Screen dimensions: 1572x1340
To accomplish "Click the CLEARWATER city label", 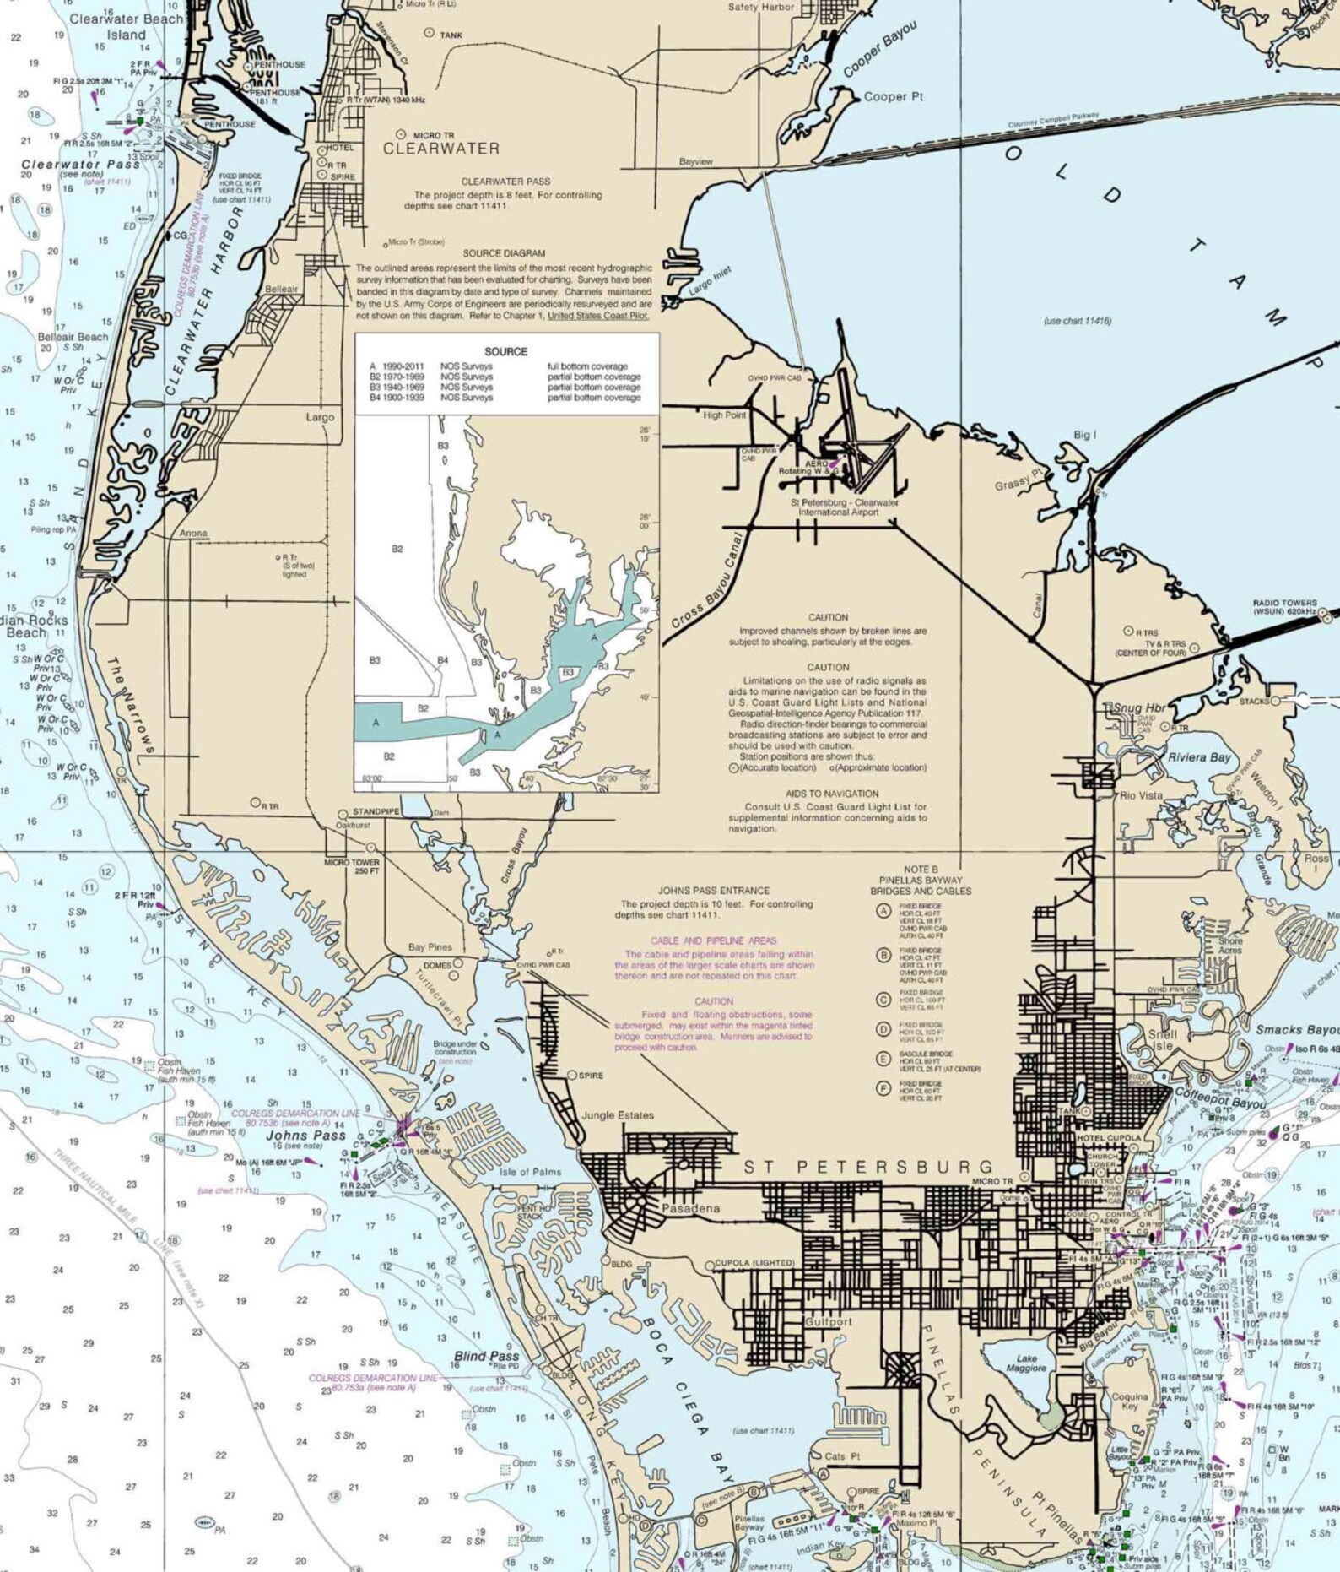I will (440, 149).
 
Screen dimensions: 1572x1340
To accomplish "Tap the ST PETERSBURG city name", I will (870, 1167).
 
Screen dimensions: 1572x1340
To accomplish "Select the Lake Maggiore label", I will (1026, 1363).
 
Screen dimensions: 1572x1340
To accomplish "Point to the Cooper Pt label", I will (894, 97).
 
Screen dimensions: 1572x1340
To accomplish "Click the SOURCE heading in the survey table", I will (505, 351).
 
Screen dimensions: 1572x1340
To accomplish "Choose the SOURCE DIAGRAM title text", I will (504, 253).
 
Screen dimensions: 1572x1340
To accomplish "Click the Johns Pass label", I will (305, 1136).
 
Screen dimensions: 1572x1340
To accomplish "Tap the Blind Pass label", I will (486, 1356).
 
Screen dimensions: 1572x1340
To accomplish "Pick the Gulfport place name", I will (828, 1321).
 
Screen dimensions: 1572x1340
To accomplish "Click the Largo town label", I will (320, 417).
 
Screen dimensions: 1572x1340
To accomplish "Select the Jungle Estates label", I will (617, 1115).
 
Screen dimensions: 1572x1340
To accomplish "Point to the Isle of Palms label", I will (530, 1172).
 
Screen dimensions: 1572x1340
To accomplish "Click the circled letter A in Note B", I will (883, 911).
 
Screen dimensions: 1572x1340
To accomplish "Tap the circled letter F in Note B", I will (883, 1088).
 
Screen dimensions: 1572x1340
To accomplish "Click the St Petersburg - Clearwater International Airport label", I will (844, 507).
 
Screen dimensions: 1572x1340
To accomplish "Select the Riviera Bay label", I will (1198, 757).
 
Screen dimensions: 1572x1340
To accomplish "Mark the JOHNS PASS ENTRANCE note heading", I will (713, 890).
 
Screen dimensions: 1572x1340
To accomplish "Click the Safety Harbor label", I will (760, 7).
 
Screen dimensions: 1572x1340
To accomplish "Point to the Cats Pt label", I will (841, 1456).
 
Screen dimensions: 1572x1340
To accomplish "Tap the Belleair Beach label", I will (73, 337).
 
